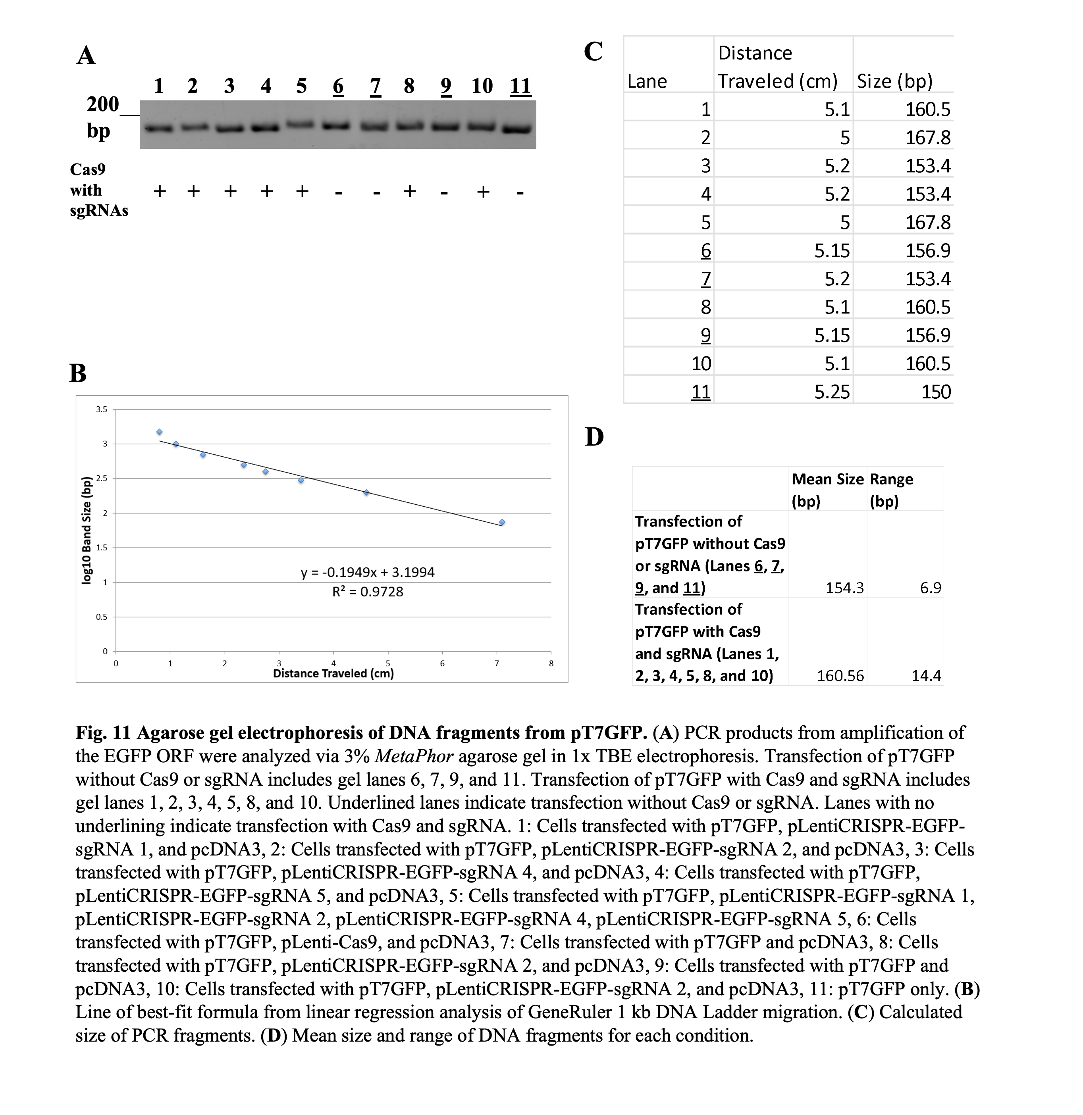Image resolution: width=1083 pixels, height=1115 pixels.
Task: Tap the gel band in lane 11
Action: [519, 129]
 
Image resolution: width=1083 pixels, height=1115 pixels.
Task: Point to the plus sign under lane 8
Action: [409, 190]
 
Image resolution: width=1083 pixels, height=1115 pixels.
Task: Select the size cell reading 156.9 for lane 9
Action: [928, 335]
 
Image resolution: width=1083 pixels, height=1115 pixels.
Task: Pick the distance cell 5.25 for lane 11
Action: [832, 391]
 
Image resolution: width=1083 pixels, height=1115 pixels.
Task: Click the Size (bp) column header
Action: [895, 81]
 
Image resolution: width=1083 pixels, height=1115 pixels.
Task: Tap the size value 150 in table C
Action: [936, 391]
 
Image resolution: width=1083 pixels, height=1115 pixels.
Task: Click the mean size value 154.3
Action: [844, 588]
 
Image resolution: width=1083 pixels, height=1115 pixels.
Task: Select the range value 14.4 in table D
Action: [926, 675]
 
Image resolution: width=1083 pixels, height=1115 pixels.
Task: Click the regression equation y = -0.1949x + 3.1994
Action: [368, 572]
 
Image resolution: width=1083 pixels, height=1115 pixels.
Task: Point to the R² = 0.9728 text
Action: [368, 592]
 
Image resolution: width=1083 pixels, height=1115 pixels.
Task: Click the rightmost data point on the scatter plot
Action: [502, 522]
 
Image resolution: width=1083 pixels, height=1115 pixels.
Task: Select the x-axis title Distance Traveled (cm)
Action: [333, 673]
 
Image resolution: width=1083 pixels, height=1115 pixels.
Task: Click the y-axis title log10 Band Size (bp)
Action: [87, 530]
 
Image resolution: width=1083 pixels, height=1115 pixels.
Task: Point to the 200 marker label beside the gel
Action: [102, 104]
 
